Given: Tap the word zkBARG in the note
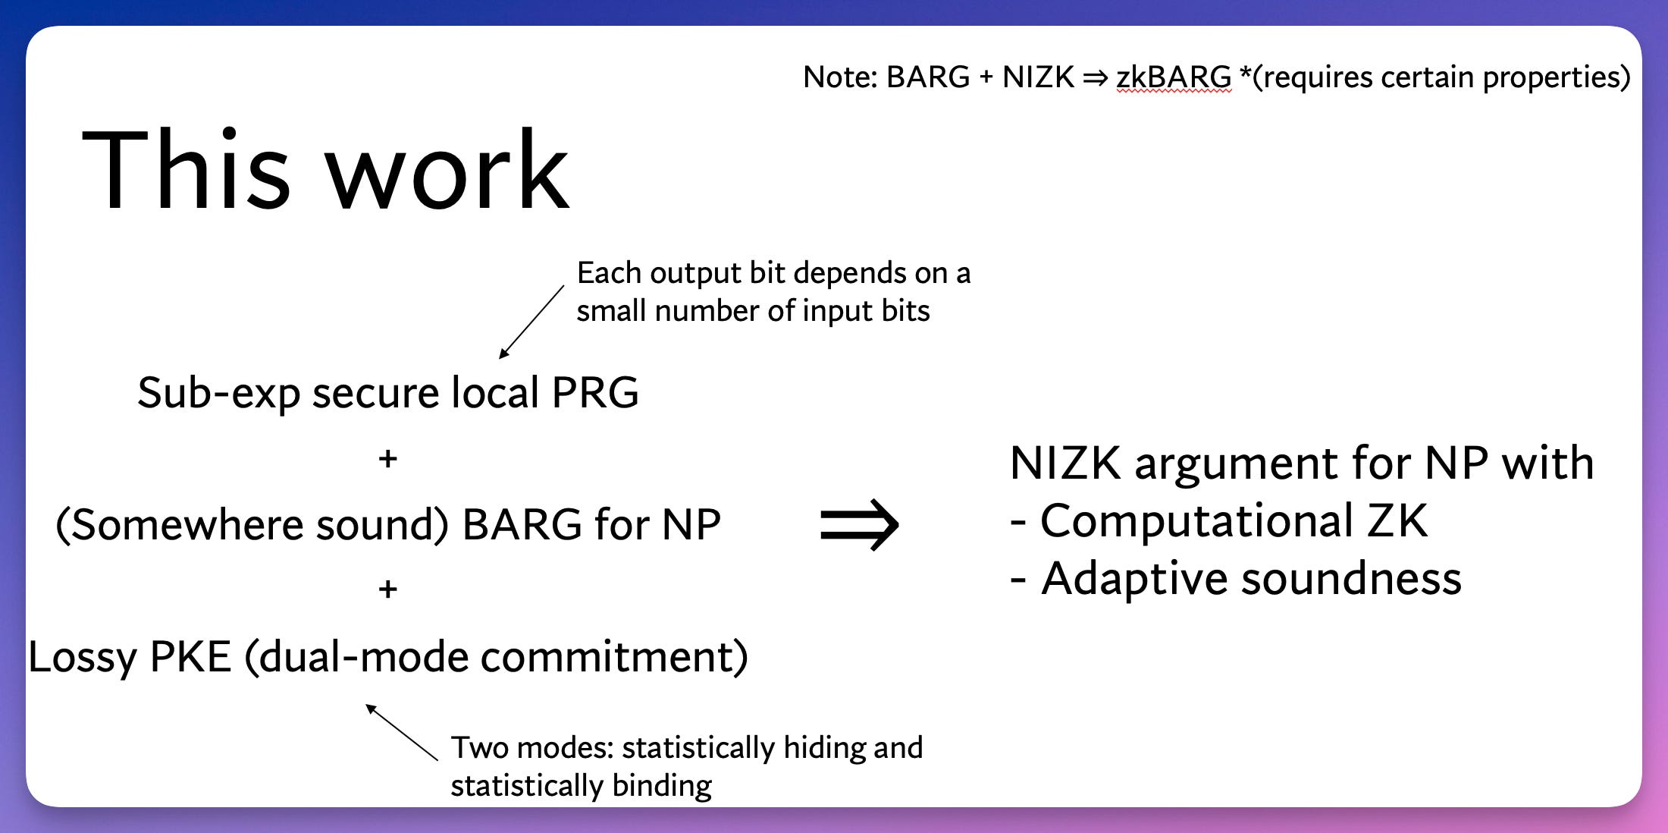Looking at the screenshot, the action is tap(1174, 77).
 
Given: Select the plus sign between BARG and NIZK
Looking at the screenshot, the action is tap(986, 77).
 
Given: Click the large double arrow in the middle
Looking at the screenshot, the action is tap(860, 524).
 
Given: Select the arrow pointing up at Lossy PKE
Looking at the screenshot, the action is tap(401, 731).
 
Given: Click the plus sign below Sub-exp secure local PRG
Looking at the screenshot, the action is tap(388, 458).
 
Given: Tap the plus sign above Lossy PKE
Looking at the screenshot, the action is tap(388, 589).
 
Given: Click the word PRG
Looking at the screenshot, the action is tap(595, 393).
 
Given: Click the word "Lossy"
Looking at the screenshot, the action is tap(82, 657).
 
